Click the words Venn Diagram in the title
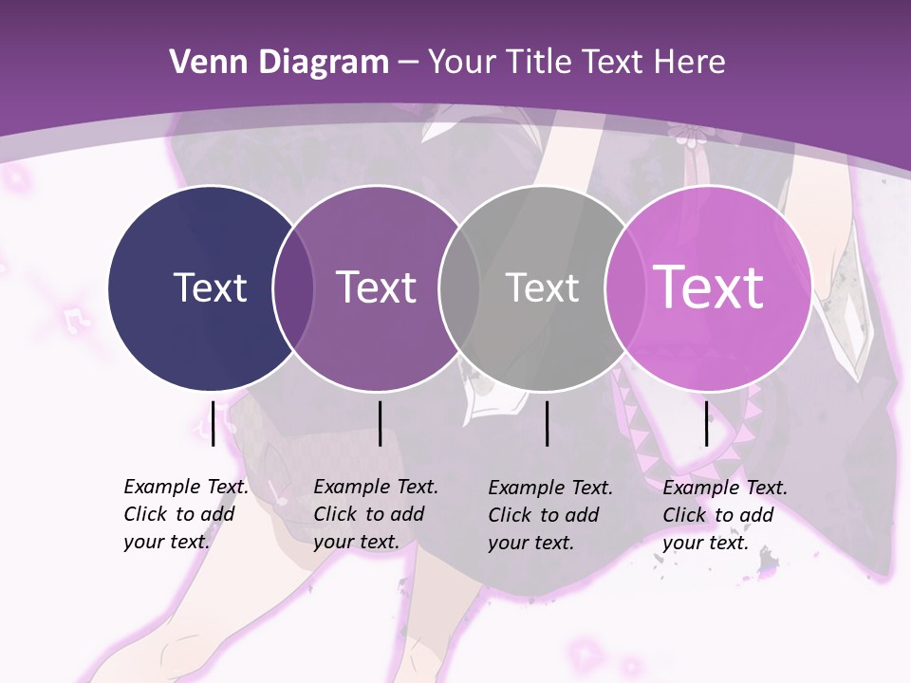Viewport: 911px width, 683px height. tap(278, 63)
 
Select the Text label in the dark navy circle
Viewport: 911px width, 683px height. tap(210, 287)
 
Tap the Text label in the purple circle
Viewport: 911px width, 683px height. tap(376, 287)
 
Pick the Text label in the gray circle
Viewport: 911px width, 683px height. tap(542, 287)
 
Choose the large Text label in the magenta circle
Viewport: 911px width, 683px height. tap(708, 287)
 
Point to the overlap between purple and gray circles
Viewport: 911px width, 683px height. tap(459, 288)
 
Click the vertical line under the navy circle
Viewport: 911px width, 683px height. tap(214, 423)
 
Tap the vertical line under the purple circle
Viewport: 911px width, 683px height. tap(380, 423)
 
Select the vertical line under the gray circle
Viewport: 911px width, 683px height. tap(548, 423)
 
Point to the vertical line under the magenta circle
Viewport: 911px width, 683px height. tap(706, 423)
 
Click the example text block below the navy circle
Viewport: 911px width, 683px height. tap(185, 514)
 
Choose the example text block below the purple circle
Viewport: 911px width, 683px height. tap(375, 514)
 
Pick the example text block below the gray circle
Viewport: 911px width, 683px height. tap(549, 515)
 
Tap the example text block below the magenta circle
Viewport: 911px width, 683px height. tap(724, 515)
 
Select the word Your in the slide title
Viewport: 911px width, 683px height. tap(462, 63)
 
